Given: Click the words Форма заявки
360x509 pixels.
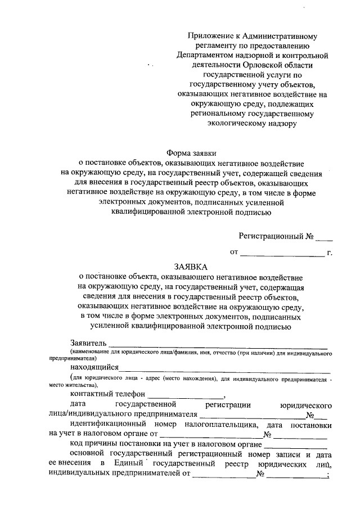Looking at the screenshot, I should click(x=191, y=152).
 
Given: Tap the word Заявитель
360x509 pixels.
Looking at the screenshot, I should click(x=88, y=343).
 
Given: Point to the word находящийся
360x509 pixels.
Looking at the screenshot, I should click(x=94, y=366).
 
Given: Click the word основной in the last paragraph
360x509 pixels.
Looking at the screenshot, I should click(x=87, y=454).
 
